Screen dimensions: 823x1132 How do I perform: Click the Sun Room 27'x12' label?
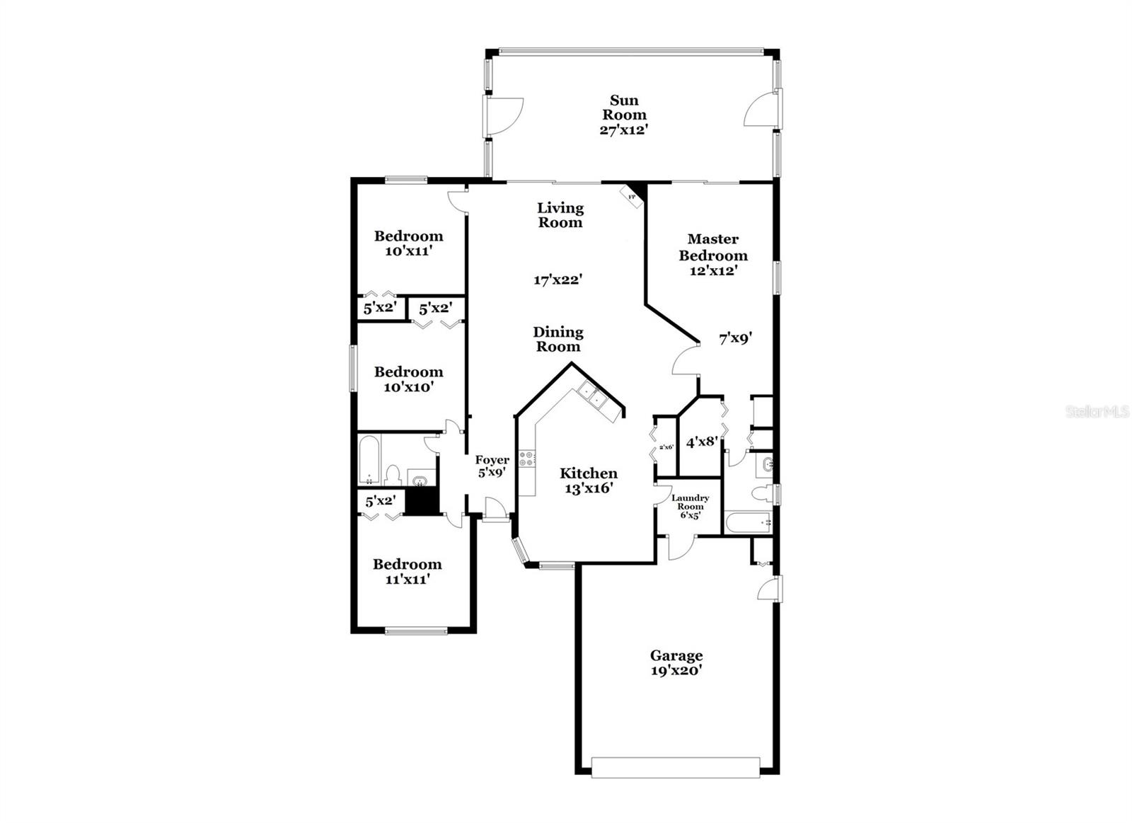click(624, 115)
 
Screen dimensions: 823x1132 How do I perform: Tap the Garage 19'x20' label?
click(676, 663)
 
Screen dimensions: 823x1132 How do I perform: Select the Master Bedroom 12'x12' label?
click(712, 255)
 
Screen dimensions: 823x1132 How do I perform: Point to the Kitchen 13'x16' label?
click(589, 480)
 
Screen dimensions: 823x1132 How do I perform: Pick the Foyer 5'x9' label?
click(492, 466)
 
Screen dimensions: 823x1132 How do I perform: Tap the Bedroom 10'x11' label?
click(408, 243)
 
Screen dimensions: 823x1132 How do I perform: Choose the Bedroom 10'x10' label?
click(408, 379)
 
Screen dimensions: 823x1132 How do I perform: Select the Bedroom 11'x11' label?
click(407, 572)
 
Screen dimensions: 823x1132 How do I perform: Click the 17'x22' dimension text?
click(558, 280)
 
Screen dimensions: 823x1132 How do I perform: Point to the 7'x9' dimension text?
click(735, 339)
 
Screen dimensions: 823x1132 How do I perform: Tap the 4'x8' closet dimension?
click(703, 442)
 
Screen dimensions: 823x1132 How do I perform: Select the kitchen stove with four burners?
click(527, 459)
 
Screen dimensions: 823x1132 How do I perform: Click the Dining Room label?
click(558, 339)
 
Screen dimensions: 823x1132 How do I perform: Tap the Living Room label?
click(560, 215)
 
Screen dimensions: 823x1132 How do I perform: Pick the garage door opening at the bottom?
click(676, 768)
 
